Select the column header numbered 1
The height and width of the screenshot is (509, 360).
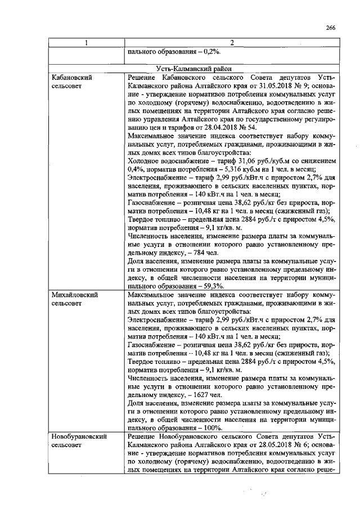[86, 43]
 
